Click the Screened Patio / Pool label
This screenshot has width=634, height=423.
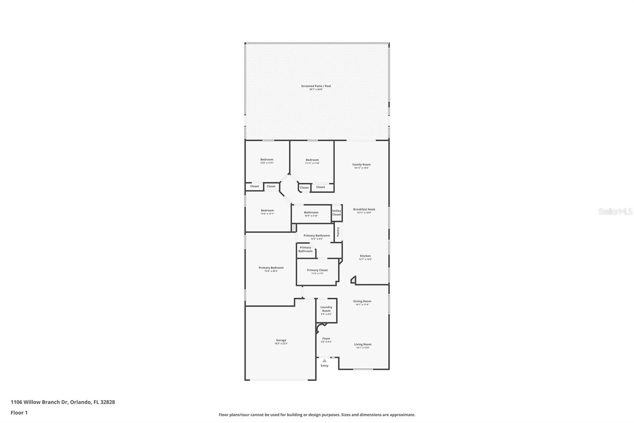[x=316, y=86]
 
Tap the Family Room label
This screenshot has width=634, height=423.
[x=361, y=165]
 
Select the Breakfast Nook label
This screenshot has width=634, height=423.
[x=364, y=210]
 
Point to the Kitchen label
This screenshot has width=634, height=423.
[x=365, y=256]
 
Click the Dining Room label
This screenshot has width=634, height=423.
[x=362, y=301]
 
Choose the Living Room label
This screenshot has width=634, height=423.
[x=363, y=344]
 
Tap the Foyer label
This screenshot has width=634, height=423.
[x=326, y=338]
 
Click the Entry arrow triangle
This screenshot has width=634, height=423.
[x=325, y=361]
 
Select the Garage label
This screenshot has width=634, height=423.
[x=281, y=340]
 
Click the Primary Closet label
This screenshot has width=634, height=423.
[x=317, y=270]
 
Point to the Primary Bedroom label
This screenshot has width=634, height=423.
[x=271, y=268]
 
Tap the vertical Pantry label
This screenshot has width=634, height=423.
[x=338, y=232]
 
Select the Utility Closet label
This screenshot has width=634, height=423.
[x=336, y=213]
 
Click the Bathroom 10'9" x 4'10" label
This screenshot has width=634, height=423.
[x=311, y=213]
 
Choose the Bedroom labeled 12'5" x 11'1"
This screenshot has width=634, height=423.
[x=267, y=211]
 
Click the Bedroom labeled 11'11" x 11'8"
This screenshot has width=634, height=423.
[x=312, y=160]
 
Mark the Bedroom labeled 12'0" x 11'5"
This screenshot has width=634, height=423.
[x=267, y=160]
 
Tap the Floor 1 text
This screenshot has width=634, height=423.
[x=19, y=413]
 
